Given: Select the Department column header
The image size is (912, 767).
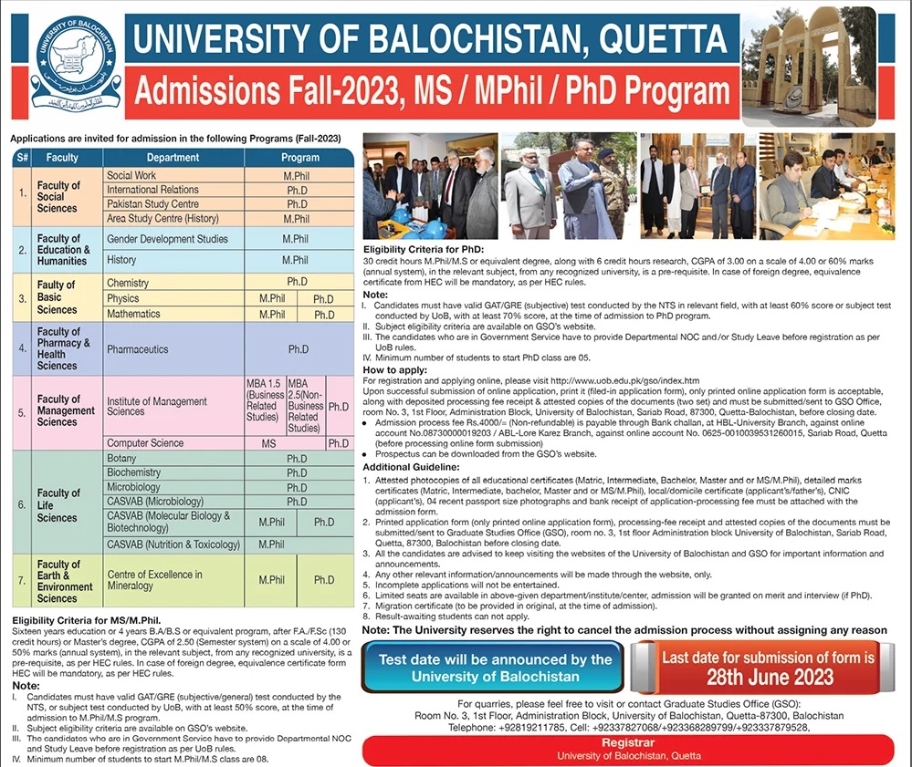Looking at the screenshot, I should click(x=173, y=157).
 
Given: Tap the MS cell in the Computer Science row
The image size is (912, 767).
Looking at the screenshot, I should click(x=268, y=443).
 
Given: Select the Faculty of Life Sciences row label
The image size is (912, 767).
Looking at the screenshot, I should click(x=58, y=505).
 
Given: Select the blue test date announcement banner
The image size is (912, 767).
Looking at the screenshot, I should click(x=495, y=668).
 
